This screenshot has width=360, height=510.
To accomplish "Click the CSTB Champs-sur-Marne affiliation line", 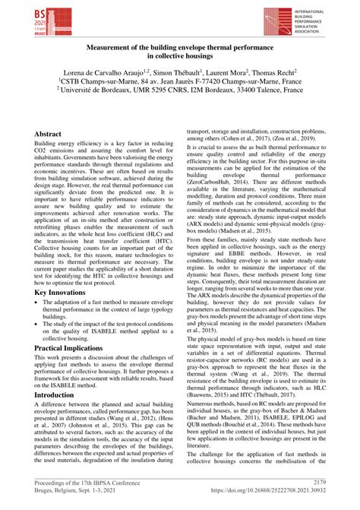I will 179,79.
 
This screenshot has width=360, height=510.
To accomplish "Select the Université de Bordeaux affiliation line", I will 179,89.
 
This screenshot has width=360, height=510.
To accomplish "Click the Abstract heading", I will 48,133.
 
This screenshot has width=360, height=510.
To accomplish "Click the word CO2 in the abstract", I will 43,151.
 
